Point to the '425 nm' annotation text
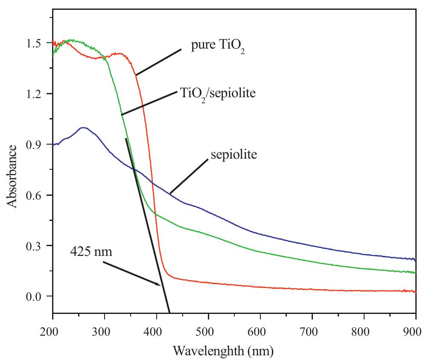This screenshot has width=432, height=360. point(91,252)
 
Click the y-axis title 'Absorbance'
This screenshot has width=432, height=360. point(13,176)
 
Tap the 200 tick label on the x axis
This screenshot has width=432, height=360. point(53,331)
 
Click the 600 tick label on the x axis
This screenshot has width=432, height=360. point(260,331)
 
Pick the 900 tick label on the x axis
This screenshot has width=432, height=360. point(415,331)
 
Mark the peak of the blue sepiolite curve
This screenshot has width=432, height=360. point(83,128)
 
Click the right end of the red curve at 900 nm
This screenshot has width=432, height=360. point(414,291)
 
